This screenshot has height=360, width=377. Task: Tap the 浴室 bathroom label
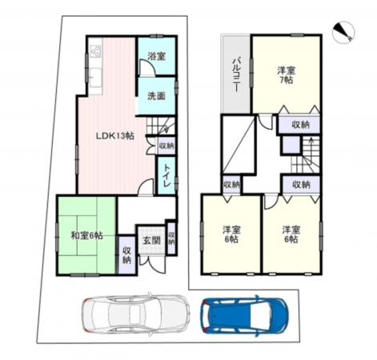[x=155, y=57]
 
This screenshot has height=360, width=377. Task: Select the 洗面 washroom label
[x=155, y=97]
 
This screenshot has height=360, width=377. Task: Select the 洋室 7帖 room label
[x=286, y=74]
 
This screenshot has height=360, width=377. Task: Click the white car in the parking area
[x=134, y=314]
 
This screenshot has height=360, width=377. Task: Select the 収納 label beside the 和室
[x=127, y=256]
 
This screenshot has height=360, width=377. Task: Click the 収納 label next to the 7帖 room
[x=301, y=125]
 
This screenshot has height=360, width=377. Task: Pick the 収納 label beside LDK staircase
[x=165, y=146]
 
